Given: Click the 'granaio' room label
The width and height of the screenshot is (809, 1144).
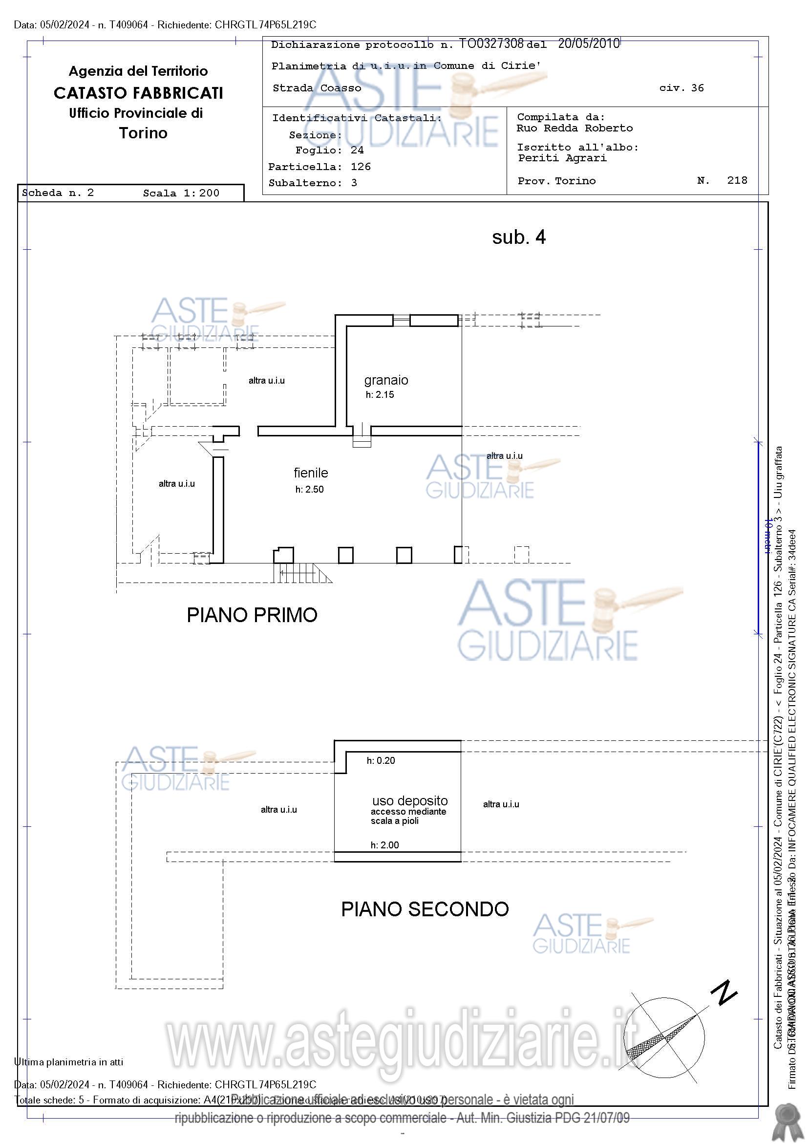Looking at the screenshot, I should (386, 380).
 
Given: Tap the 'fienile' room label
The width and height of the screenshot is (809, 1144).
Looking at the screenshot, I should (310, 473).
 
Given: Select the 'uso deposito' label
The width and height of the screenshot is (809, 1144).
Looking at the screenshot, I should (409, 800).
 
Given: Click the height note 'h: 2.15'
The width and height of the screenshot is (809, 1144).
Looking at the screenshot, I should (380, 395).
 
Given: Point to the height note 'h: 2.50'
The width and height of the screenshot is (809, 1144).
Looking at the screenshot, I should (309, 489).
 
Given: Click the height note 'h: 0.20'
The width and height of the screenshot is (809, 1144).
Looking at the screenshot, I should (381, 760).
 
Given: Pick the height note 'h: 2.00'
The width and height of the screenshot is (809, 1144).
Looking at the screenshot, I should (384, 844).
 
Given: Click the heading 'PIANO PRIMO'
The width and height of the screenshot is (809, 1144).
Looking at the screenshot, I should (252, 615).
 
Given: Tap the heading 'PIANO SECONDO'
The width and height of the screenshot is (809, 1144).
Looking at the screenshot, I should (425, 909).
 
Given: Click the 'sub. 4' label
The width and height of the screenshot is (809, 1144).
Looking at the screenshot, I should (519, 237).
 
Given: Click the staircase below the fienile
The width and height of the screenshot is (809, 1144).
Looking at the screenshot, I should (301, 573).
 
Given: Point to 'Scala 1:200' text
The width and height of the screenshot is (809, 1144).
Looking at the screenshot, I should (181, 194).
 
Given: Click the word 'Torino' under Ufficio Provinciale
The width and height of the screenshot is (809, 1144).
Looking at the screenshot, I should (143, 133).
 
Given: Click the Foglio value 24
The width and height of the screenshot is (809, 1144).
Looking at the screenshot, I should (357, 150).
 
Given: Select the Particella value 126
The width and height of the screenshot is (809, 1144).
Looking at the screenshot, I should (361, 167).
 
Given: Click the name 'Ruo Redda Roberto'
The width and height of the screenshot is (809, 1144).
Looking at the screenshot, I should (575, 128).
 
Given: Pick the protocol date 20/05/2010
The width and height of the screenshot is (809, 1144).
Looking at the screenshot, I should (588, 44).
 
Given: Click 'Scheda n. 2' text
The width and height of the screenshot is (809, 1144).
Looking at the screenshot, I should (58, 193).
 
